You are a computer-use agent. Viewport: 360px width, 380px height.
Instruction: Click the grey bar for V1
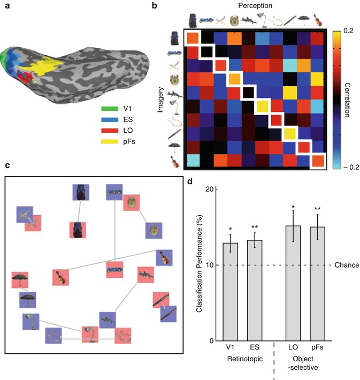[230, 292]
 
